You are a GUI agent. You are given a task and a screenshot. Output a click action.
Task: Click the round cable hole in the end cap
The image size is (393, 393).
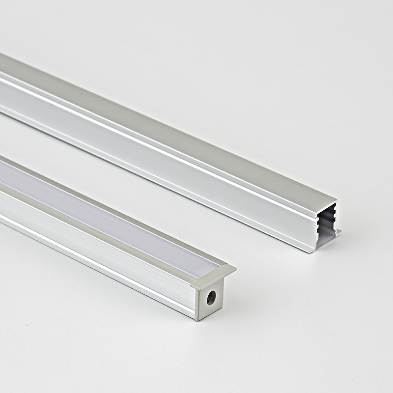pos(211,298)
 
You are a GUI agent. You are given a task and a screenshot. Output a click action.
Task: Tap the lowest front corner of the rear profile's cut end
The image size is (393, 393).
pos(309,252)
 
